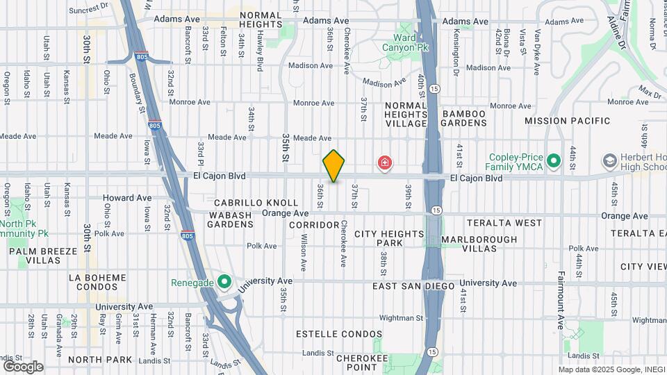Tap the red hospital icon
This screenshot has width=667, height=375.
point(384,163)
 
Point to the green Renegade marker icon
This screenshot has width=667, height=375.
point(224,282)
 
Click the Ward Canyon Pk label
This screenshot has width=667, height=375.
point(405,43)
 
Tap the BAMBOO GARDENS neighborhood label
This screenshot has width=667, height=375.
point(465,118)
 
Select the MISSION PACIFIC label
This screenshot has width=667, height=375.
point(568,121)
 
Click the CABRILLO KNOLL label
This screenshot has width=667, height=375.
point(242,203)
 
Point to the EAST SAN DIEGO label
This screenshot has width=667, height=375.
point(413,286)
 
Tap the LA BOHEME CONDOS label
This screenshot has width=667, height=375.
point(97,283)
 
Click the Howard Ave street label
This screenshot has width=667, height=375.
point(127,198)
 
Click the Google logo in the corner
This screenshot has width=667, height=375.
point(23,366)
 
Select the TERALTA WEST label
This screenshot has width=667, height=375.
point(504,223)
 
